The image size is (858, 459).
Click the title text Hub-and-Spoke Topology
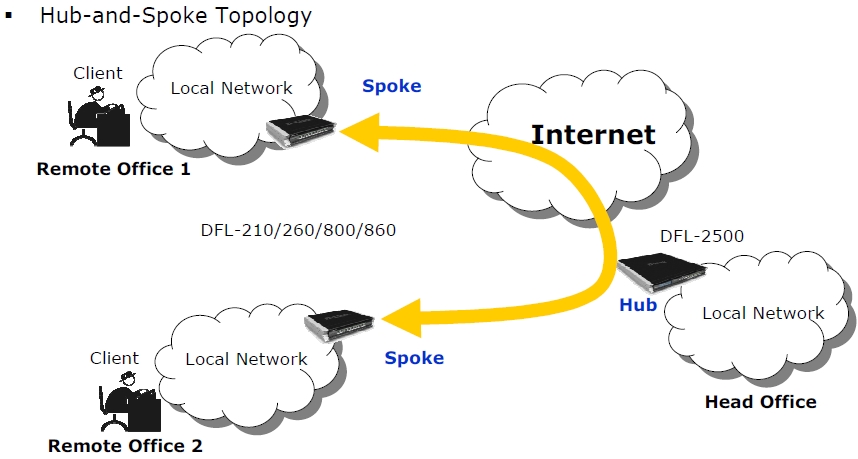click(x=176, y=16)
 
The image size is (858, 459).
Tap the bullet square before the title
click(x=8, y=16)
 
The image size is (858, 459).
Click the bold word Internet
click(x=593, y=134)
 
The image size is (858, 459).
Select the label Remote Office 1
click(x=113, y=169)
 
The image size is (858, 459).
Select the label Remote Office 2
click(x=125, y=446)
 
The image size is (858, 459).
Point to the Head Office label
click(x=760, y=402)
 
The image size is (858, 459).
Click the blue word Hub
click(x=638, y=305)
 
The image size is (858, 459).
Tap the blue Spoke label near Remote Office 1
click(x=391, y=86)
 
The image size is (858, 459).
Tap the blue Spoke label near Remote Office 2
click(x=414, y=357)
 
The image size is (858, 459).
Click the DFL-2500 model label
click(x=702, y=237)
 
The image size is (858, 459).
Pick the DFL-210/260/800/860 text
click(x=298, y=230)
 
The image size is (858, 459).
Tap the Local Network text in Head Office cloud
click(x=763, y=313)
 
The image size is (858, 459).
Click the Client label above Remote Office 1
click(x=98, y=73)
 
